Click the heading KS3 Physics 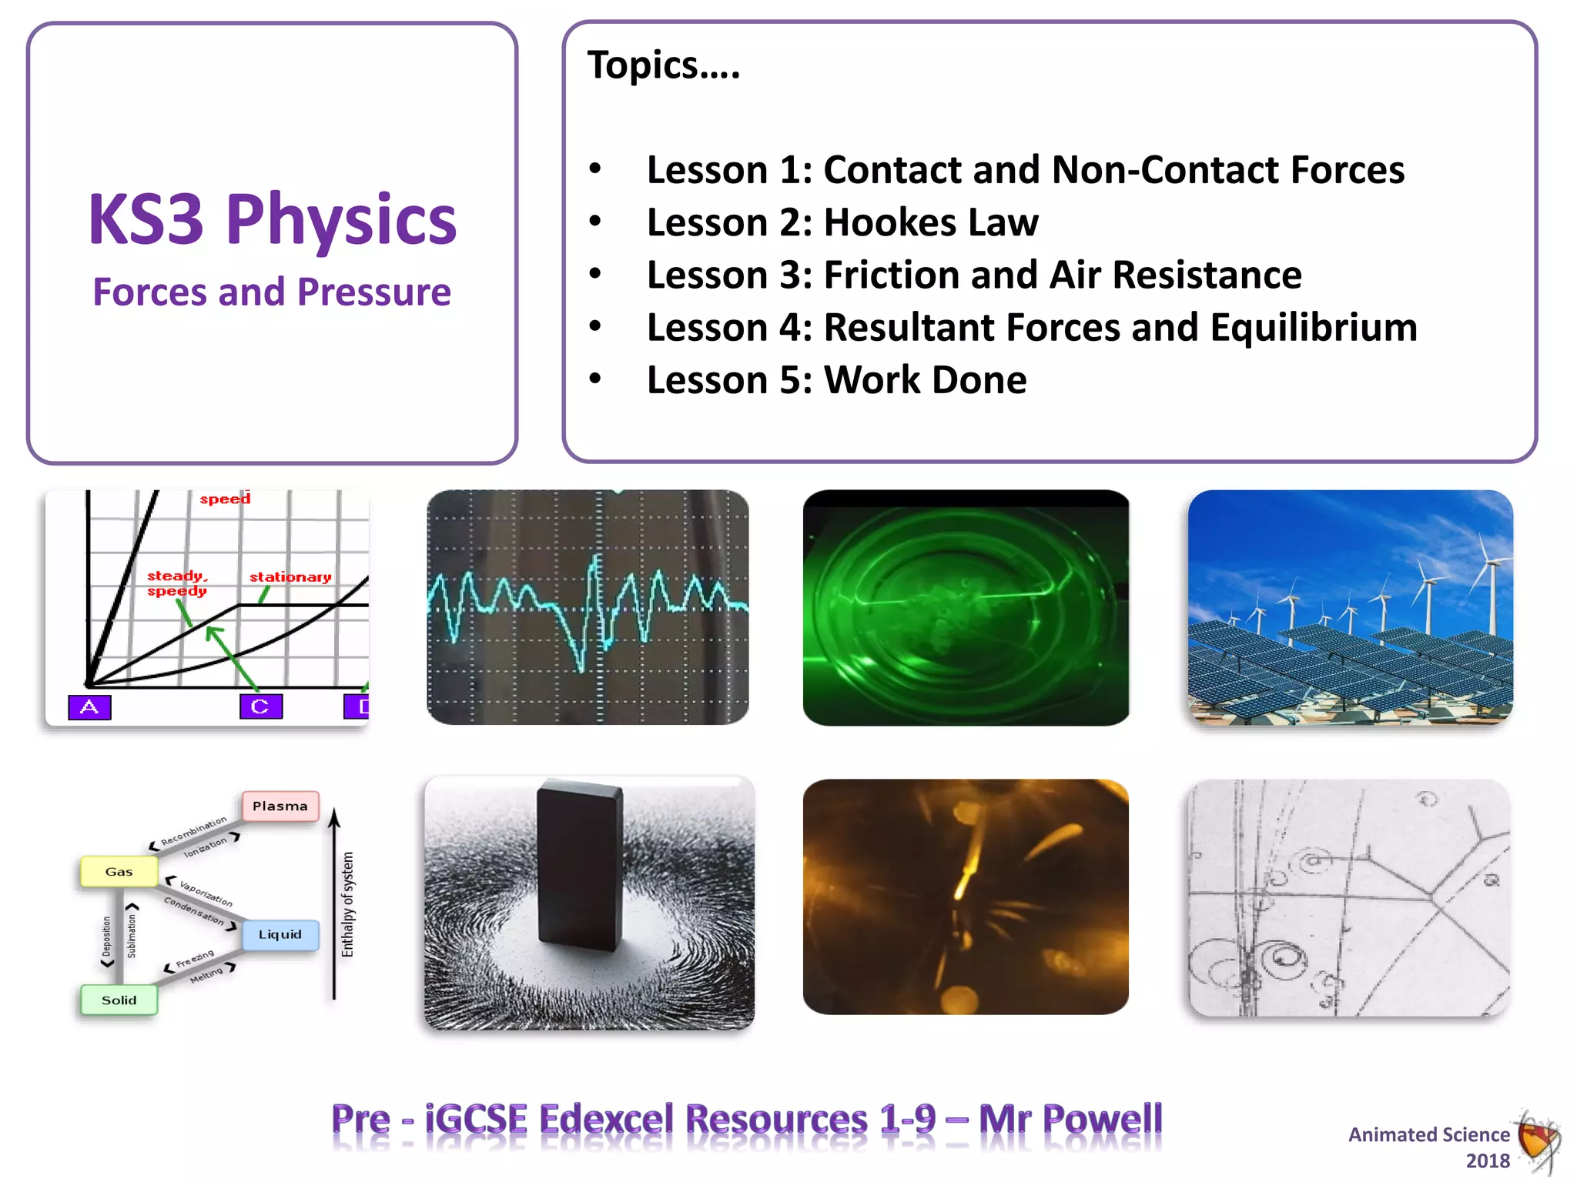coord(272,220)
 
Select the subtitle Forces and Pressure coord(272,292)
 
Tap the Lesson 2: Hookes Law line coord(842,223)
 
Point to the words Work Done coord(925,380)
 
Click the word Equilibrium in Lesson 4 coord(1313,328)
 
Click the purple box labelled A coord(89,706)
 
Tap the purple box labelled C coord(260,706)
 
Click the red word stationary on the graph coord(290,576)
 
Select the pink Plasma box coord(280,806)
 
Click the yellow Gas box coord(119,871)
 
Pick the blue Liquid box coord(280,934)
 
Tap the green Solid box coord(119,1000)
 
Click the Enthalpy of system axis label coord(347,904)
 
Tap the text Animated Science coord(1428,1134)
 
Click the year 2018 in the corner coord(1488,1160)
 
